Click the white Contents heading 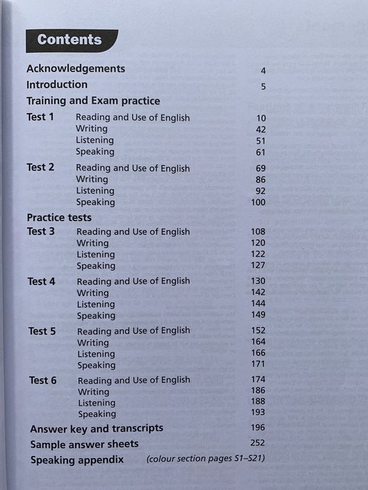69,39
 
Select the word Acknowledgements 75,68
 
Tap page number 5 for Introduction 263,86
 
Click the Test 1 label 40,117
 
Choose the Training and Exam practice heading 93,101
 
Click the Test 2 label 41,167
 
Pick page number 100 258,203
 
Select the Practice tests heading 59,218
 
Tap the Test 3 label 41,231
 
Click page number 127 258,265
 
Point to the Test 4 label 41,281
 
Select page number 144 258,304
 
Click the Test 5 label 42,331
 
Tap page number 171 258,364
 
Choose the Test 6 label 42,380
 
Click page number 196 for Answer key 258,427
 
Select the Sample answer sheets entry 84,444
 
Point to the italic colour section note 205,459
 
